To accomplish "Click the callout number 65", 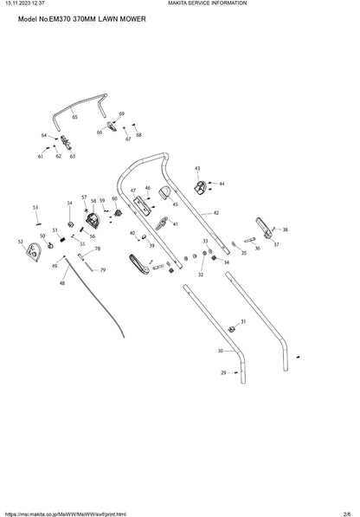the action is (x=74, y=117).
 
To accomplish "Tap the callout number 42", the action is (x=216, y=213).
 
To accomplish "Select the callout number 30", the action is (x=221, y=351).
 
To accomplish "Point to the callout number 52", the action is (x=21, y=242).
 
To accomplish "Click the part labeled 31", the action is (x=233, y=329).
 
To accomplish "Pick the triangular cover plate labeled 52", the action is (x=33, y=253).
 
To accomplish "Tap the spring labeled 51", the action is (x=61, y=237).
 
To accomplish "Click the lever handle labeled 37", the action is (x=264, y=227).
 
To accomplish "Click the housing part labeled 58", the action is (x=93, y=220).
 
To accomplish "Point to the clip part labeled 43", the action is (x=200, y=188).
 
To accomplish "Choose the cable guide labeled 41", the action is (x=162, y=223).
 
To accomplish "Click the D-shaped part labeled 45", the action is (x=164, y=192).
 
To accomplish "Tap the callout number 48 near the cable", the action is (x=62, y=283).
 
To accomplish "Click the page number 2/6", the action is (x=347, y=514).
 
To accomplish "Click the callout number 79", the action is (x=103, y=270).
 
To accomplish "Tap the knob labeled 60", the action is (x=117, y=213).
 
